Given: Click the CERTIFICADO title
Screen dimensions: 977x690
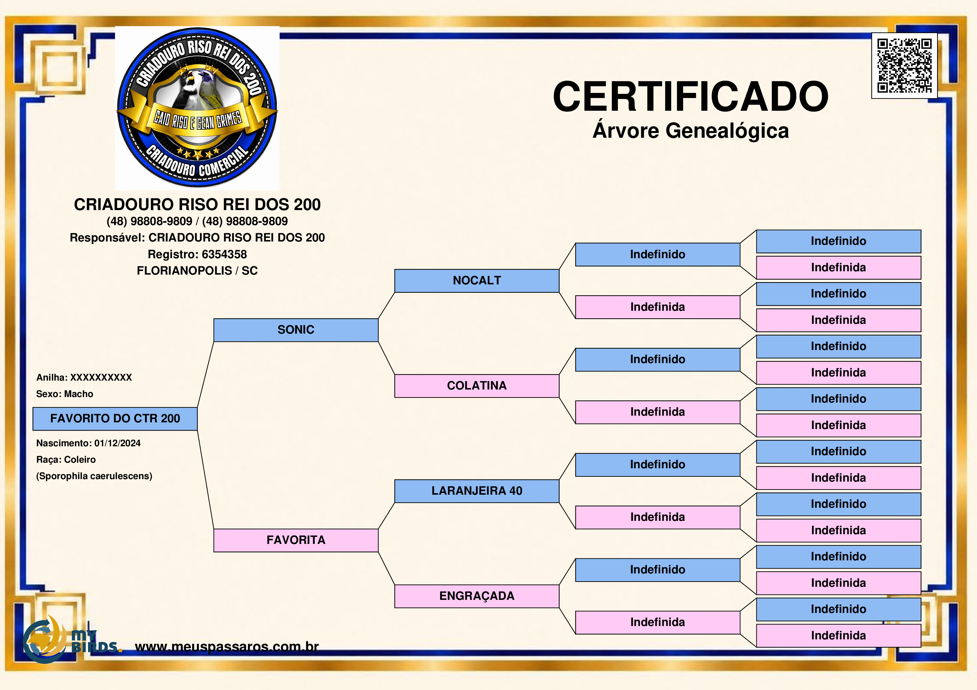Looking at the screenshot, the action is click(x=691, y=97).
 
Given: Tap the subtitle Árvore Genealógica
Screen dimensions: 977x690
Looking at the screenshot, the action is click(x=691, y=130).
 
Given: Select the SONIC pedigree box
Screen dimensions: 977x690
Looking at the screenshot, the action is click(x=296, y=330).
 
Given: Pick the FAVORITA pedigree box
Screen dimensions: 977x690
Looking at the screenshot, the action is click(x=296, y=540).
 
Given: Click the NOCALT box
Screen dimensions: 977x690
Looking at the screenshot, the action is click(x=477, y=281).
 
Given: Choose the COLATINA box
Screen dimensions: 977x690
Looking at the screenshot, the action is click(x=477, y=386).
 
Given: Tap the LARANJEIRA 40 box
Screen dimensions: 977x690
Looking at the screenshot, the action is click(x=477, y=491).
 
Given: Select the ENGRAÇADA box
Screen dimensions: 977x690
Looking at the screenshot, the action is click(x=477, y=596).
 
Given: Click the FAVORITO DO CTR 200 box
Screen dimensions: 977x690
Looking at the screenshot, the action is click(x=115, y=419).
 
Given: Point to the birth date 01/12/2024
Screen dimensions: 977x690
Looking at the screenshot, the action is click(x=118, y=443).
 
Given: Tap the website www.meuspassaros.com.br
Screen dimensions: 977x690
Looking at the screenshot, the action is click(x=227, y=647).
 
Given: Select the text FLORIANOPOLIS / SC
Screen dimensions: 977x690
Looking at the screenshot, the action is click(x=197, y=271).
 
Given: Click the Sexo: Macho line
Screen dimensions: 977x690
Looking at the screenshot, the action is click(x=65, y=394).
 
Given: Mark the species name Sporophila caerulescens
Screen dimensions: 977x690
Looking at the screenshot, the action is click(x=94, y=476).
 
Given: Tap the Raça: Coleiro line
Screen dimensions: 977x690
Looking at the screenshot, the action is click(x=66, y=460).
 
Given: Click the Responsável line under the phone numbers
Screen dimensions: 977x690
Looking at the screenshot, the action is click(x=197, y=238).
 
